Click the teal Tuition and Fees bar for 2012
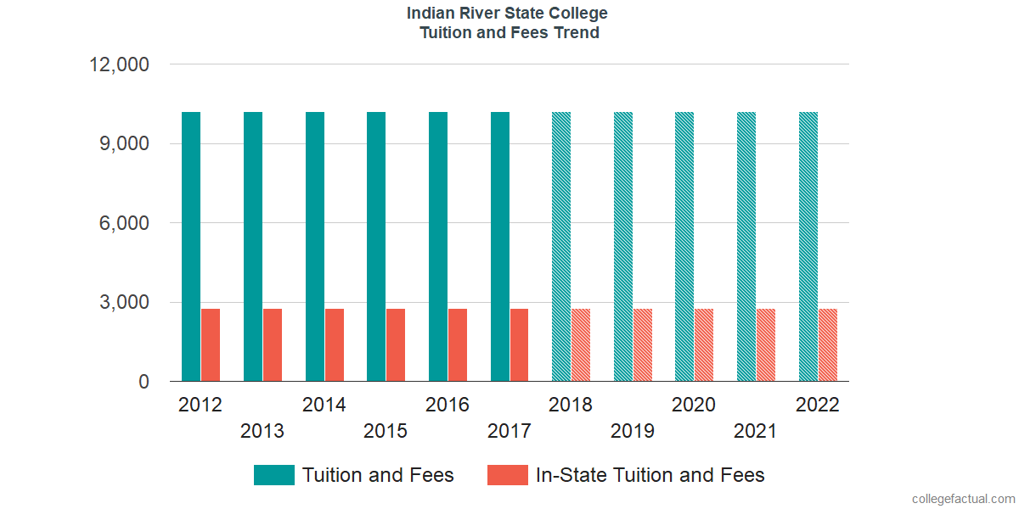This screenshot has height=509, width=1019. point(191,246)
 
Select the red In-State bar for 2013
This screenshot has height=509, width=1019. point(273,345)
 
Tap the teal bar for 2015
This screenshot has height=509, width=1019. point(376,246)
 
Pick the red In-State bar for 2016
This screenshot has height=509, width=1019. point(458,345)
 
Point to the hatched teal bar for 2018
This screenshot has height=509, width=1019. point(561,246)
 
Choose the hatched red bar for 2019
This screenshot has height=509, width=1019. point(643,345)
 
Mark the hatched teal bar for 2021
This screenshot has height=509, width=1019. point(746,246)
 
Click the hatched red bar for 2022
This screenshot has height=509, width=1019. point(828,345)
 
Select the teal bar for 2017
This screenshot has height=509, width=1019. point(500,246)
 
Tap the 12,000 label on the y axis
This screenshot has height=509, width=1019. point(120,64)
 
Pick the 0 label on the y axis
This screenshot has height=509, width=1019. point(144,383)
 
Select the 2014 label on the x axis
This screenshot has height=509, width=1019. point(324,405)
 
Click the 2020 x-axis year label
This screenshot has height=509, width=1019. point(694,405)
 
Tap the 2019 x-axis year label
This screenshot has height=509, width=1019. point(633,431)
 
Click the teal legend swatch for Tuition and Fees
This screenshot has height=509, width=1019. point(274,475)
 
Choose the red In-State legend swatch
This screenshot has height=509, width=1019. point(508,475)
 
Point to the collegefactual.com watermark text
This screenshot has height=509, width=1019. point(963,499)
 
